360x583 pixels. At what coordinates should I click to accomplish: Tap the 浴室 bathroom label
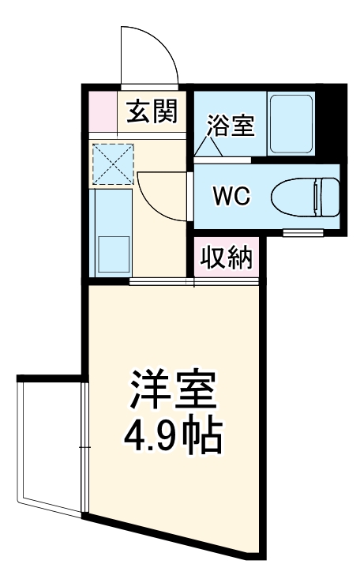231,126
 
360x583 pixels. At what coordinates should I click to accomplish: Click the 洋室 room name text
172,389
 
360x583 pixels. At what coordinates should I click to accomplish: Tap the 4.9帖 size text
172,433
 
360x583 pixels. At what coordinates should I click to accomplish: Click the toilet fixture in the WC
305,195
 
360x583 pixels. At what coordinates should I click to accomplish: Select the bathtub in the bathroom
291,125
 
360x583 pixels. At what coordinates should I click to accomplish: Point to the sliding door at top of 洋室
162,281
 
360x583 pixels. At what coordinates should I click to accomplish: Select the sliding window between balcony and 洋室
84,447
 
